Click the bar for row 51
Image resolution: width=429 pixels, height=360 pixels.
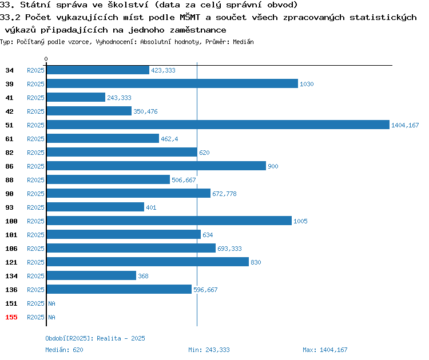coord(218,125)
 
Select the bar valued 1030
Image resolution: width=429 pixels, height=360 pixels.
coord(172,83)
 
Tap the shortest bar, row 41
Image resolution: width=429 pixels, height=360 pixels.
coord(76,97)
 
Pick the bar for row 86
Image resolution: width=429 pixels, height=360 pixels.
coord(156,166)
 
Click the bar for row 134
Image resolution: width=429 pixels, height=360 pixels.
coord(92,275)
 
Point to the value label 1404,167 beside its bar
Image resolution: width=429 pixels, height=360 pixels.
coord(405,125)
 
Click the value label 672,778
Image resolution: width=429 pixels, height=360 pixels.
coord(224,194)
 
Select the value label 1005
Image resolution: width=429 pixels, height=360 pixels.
coord(300,221)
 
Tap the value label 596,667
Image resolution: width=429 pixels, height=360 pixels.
coord(205,290)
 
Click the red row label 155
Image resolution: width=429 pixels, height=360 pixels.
coord(11,317)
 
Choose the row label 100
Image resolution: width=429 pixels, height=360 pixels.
coord(11,221)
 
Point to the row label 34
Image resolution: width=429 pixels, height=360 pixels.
coord(9,70)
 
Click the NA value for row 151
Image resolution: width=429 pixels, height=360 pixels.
coord(51,303)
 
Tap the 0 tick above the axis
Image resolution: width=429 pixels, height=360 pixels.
coord(46,59)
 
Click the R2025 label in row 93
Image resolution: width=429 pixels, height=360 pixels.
coord(35,207)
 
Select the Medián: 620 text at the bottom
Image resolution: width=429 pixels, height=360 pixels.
coord(64,350)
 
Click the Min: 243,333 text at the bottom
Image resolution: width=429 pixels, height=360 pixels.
coord(209,350)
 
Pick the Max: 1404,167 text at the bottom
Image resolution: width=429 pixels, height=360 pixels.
coord(325,350)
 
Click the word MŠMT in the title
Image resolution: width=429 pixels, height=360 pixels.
coord(190,17)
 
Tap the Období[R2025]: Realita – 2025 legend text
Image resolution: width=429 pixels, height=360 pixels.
coord(95,338)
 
